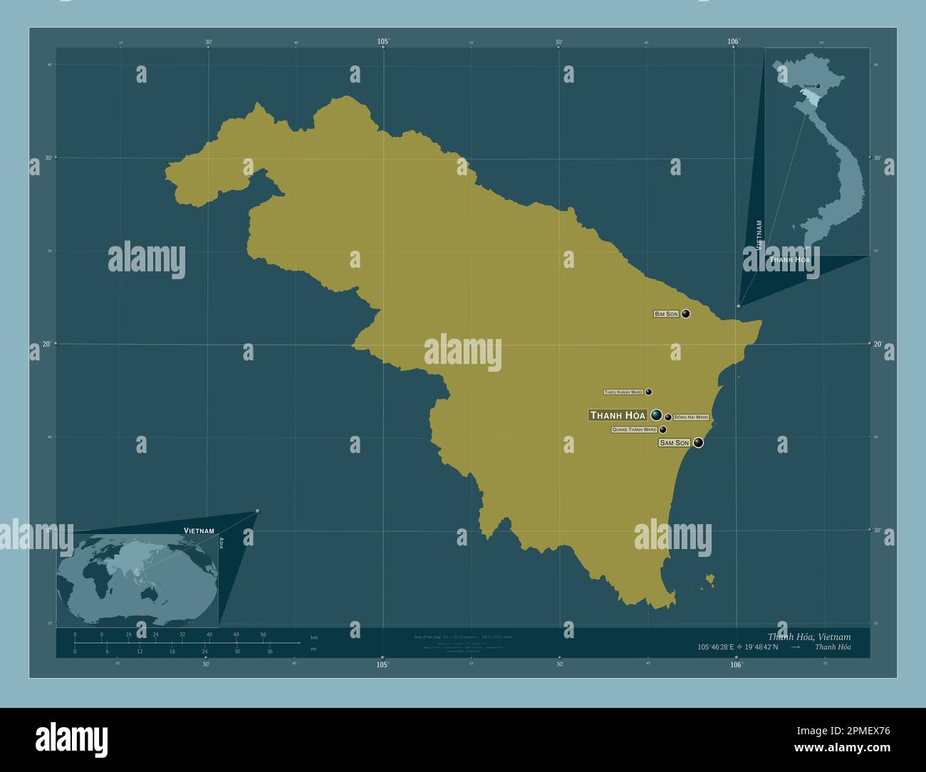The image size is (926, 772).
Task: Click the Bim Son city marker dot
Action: (x=685, y=313)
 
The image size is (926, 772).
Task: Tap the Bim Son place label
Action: (x=666, y=314)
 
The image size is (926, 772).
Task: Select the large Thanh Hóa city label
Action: (x=618, y=415)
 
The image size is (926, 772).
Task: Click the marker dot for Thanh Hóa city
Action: (x=656, y=414)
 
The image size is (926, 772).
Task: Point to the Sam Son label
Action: (x=674, y=443)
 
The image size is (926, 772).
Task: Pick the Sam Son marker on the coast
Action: (x=698, y=443)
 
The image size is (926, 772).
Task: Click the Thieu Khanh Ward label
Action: (x=623, y=392)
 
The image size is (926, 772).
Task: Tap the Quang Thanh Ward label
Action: (x=634, y=430)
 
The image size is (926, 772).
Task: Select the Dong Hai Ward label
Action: (x=691, y=417)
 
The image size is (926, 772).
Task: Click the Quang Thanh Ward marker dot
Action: (x=663, y=429)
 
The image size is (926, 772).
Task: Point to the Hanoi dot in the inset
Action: (x=818, y=86)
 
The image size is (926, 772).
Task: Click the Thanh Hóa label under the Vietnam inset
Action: (x=789, y=260)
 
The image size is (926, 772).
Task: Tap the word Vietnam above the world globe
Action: (x=199, y=531)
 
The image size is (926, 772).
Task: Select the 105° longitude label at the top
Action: (x=383, y=42)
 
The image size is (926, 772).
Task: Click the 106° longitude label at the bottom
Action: (x=736, y=664)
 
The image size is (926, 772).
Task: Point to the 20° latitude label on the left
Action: (x=47, y=344)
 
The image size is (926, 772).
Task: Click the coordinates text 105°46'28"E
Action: (x=722, y=647)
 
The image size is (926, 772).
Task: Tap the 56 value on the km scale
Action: (x=263, y=635)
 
